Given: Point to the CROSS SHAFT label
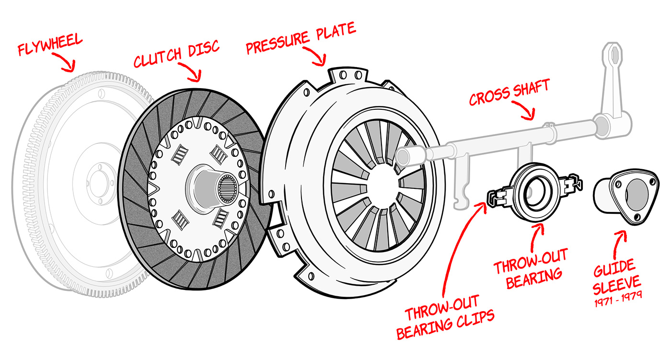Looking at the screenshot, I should (509, 93).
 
